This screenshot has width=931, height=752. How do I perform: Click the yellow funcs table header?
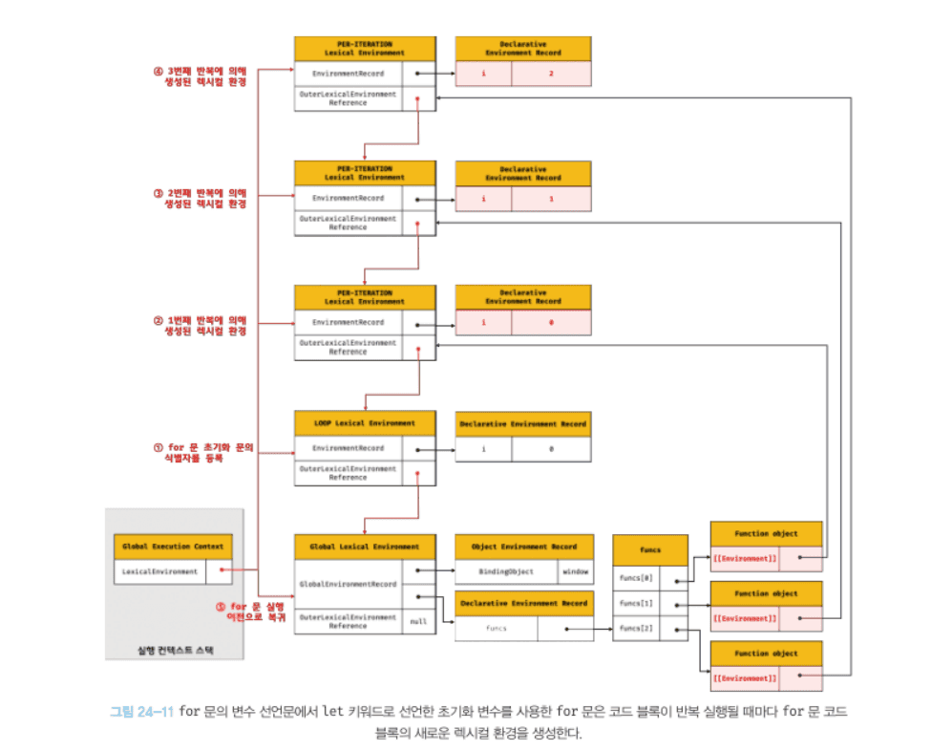pyautogui.click(x=649, y=549)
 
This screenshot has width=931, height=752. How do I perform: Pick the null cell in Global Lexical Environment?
pyautogui.click(x=418, y=621)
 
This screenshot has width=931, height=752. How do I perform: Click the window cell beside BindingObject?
pyautogui.click(x=574, y=571)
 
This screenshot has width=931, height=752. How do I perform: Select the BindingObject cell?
pyautogui.click(x=506, y=571)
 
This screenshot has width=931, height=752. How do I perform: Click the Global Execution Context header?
pyautogui.click(x=173, y=547)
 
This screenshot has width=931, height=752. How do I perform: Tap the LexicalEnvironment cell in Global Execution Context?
pyautogui.click(x=159, y=571)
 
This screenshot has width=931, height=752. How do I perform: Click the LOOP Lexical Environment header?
pyautogui.click(x=365, y=423)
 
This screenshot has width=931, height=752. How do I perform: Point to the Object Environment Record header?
pyautogui.click(x=523, y=547)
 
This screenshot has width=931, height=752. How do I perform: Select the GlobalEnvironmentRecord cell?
pyautogui.click(x=348, y=584)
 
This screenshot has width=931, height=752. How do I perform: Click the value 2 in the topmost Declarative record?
pyautogui.click(x=551, y=74)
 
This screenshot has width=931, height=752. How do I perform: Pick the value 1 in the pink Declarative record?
pyautogui.click(x=551, y=198)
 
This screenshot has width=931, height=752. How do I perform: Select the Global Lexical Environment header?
pyautogui.click(x=365, y=547)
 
